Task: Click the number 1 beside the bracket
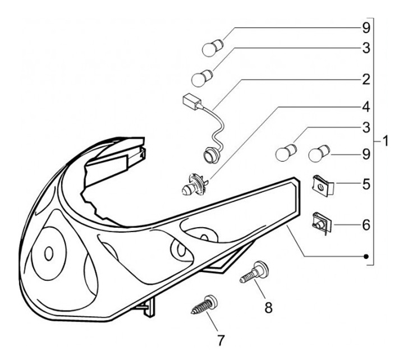click(x=385, y=140)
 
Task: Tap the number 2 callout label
click(x=366, y=79)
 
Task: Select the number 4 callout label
click(x=366, y=106)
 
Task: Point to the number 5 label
click(x=366, y=183)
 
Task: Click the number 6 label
click(x=366, y=225)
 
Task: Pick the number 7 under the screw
click(x=220, y=340)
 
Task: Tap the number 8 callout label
click(x=268, y=307)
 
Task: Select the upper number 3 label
click(x=366, y=49)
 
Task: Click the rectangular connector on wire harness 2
click(x=191, y=101)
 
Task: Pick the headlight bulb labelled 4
click(x=194, y=184)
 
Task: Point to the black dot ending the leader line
click(x=366, y=257)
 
